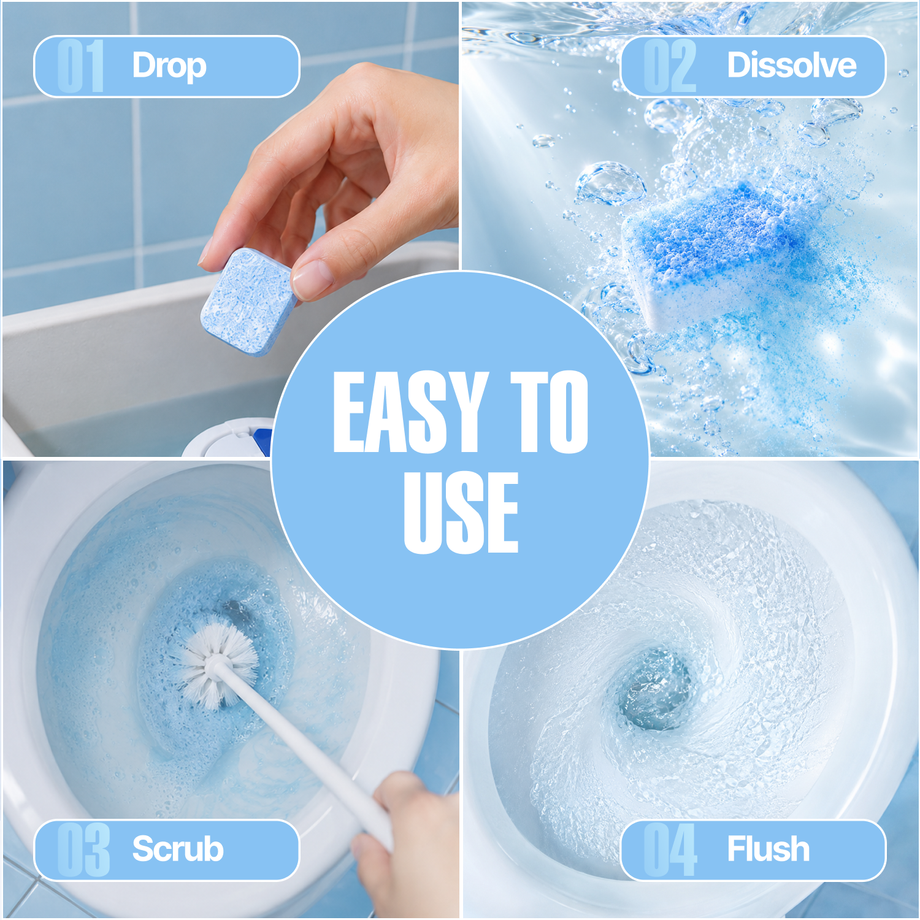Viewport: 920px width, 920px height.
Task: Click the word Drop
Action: pyautogui.click(x=169, y=66)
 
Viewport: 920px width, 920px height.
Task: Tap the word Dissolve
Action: pyautogui.click(x=791, y=65)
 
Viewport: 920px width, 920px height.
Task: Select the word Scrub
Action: pyautogui.click(x=178, y=849)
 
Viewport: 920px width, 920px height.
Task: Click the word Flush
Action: pyautogui.click(x=768, y=849)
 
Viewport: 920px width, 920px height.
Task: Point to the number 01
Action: pyautogui.click(x=80, y=66)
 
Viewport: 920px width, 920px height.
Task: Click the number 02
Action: pyautogui.click(x=670, y=66)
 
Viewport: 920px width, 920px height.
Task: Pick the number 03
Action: pyautogui.click(x=83, y=849)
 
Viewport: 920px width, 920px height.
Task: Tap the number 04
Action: pyautogui.click(x=670, y=849)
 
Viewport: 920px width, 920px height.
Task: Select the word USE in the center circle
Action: pyautogui.click(x=461, y=512)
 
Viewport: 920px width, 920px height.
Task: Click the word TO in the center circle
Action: pyautogui.click(x=550, y=412)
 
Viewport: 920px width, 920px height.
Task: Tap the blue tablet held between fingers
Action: pyautogui.click(x=248, y=301)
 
